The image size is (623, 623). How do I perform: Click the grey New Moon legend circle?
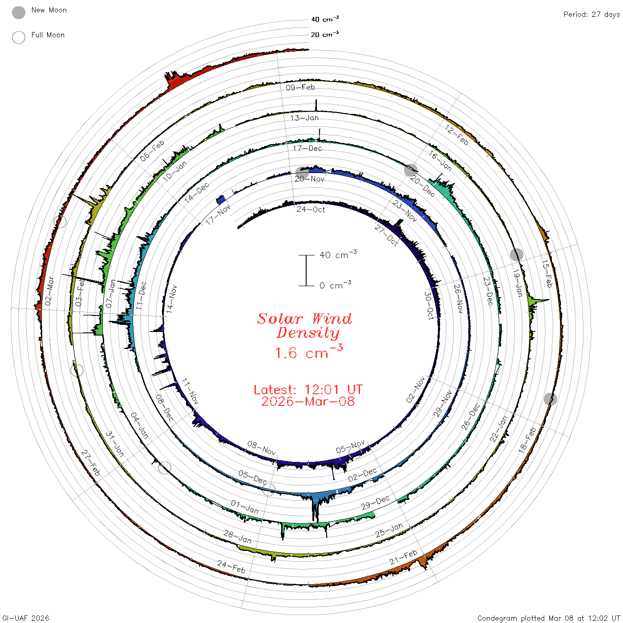coord(18,12)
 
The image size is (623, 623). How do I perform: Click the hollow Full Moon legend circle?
coord(18,37)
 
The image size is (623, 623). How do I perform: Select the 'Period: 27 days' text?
coord(591,15)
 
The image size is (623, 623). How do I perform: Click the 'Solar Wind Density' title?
coord(304,326)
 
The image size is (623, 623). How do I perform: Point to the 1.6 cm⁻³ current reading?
coord(309,352)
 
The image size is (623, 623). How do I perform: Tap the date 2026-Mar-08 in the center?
coord(308,401)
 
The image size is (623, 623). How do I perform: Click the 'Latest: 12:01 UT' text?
coord(308,389)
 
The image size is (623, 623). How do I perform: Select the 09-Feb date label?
coord(300,87)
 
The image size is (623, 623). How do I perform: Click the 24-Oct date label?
coord(311,210)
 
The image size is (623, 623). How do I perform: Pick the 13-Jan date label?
coord(304,118)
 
